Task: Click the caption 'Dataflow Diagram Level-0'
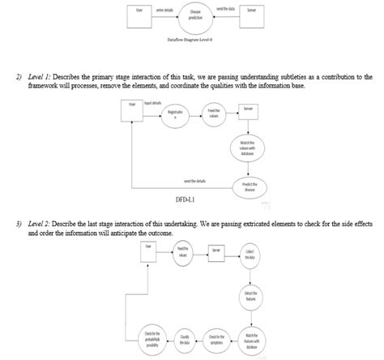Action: pyautogui.click(x=195, y=38)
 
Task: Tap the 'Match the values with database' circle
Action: pyautogui.click(x=249, y=148)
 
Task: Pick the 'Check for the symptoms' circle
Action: pyautogui.click(x=216, y=339)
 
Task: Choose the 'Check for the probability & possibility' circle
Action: pyautogui.click(x=151, y=339)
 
